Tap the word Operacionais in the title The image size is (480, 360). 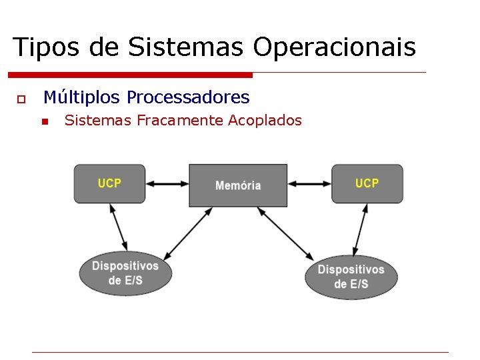(334, 47)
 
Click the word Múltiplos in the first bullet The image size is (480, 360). (82, 98)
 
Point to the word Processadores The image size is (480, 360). (188, 98)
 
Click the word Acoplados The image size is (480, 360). (265, 121)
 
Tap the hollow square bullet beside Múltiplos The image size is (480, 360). (21, 99)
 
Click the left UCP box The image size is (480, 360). (109, 183)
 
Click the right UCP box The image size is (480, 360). (367, 183)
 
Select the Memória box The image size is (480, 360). (238, 185)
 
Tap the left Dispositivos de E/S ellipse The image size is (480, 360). (125, 273)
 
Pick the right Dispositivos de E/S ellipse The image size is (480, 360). (351, 277)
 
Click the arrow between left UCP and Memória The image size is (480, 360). (167, 183)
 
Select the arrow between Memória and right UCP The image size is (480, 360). (309, 183)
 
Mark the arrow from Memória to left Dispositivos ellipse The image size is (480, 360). (188, 233)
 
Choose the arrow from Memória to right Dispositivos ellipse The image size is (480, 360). (285, 233)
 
